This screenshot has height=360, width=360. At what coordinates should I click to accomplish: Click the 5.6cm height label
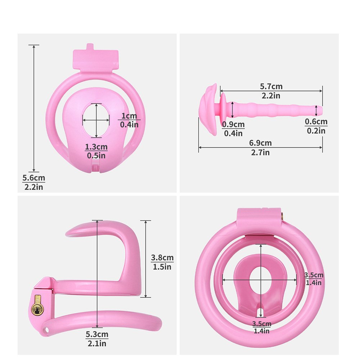click(x=34, y=178)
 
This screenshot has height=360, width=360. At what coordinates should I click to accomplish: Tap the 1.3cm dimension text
click(x=96, y=147)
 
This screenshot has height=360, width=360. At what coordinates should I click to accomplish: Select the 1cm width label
click(x=129, y=116)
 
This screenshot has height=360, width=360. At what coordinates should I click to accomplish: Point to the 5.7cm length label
click(x=271, y=86)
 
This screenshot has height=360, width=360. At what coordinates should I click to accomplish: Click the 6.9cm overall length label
click(x=260, y=143)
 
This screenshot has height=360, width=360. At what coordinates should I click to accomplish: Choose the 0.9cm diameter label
click(x=233, y=125)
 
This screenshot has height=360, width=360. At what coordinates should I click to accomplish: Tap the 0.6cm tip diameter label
click(x=316, y=122)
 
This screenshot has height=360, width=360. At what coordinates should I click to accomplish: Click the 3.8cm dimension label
click(x=162, y=258)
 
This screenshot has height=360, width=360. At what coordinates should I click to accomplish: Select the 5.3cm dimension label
click(x=97, y=334)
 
